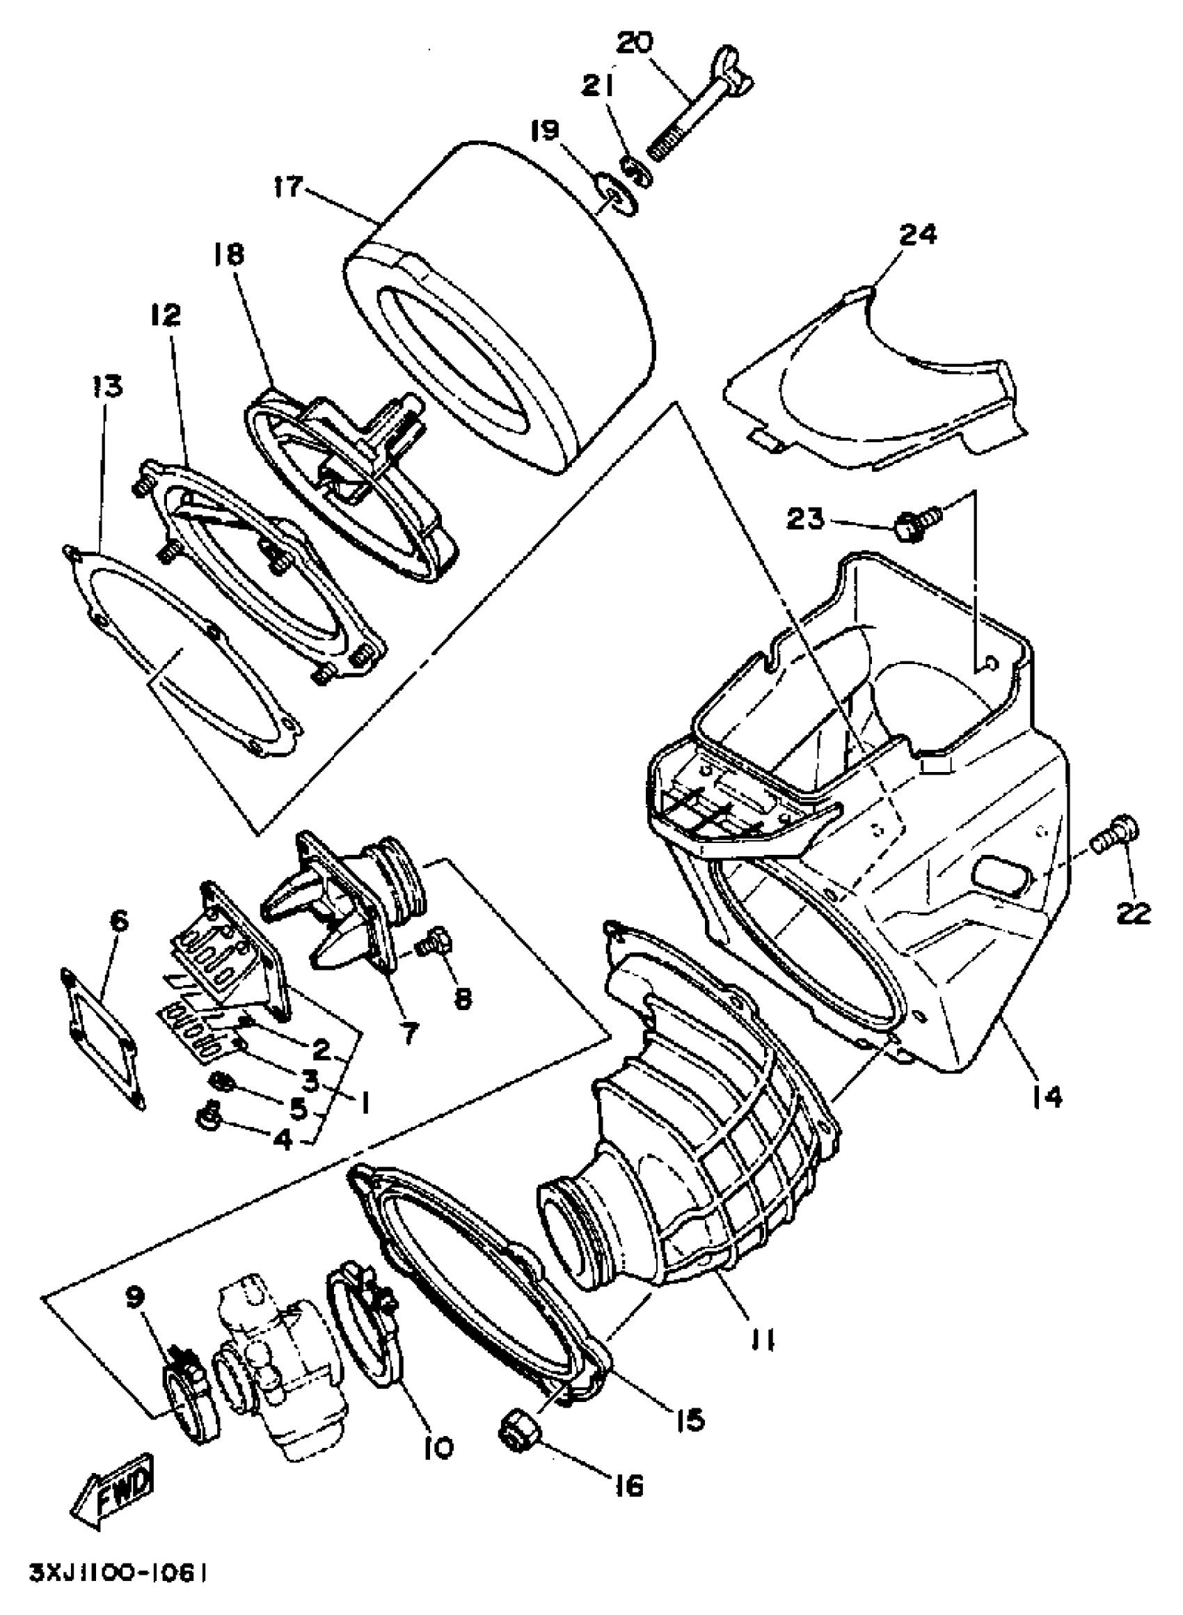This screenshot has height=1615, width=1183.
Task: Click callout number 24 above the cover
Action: pos(917,234)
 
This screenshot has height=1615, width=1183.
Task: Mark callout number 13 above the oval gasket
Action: pos(106,386)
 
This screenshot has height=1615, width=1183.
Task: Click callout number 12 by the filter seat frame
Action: pos(166,315)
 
